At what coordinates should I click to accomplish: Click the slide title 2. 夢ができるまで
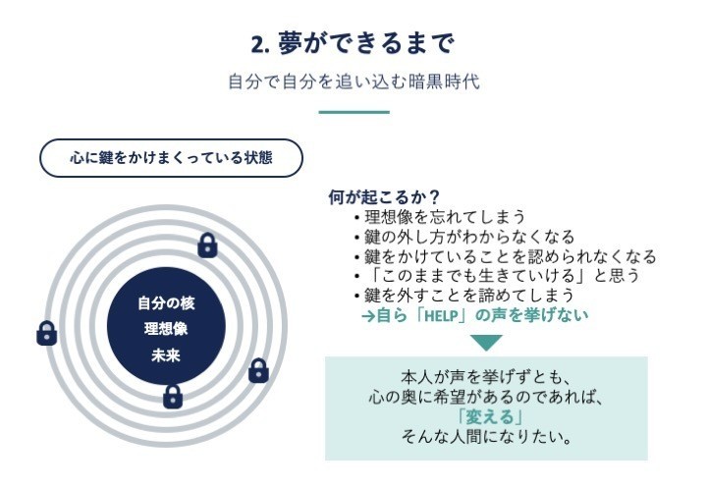tap(352, 44)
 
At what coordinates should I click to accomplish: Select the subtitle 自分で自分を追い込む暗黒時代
tap(353, 82)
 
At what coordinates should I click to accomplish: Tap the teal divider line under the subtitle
tap(353, 112)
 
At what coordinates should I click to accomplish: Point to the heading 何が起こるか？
tap(384, 197)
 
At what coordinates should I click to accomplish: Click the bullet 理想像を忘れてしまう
tap(445, 217)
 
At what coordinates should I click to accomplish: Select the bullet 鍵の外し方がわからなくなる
tap(469, 237)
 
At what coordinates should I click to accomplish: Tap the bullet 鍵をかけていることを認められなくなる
tap(510, 256)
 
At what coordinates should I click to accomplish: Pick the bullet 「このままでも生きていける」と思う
tap(502, 275)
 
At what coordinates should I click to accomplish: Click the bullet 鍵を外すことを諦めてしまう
tap(469, 296)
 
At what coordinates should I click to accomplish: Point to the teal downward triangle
tap(486, 343)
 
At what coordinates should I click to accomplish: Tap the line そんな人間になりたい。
tap(486, 436)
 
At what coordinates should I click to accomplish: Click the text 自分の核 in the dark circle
tap(166, 302)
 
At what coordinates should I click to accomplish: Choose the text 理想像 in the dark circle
tap(166, 329)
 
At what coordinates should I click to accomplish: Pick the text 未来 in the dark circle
tap(166, 355)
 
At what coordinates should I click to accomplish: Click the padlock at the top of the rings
tap(207, 245)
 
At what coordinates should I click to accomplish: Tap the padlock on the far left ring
tap(46, 333)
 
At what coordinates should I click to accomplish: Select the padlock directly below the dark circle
tap(173, 396)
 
